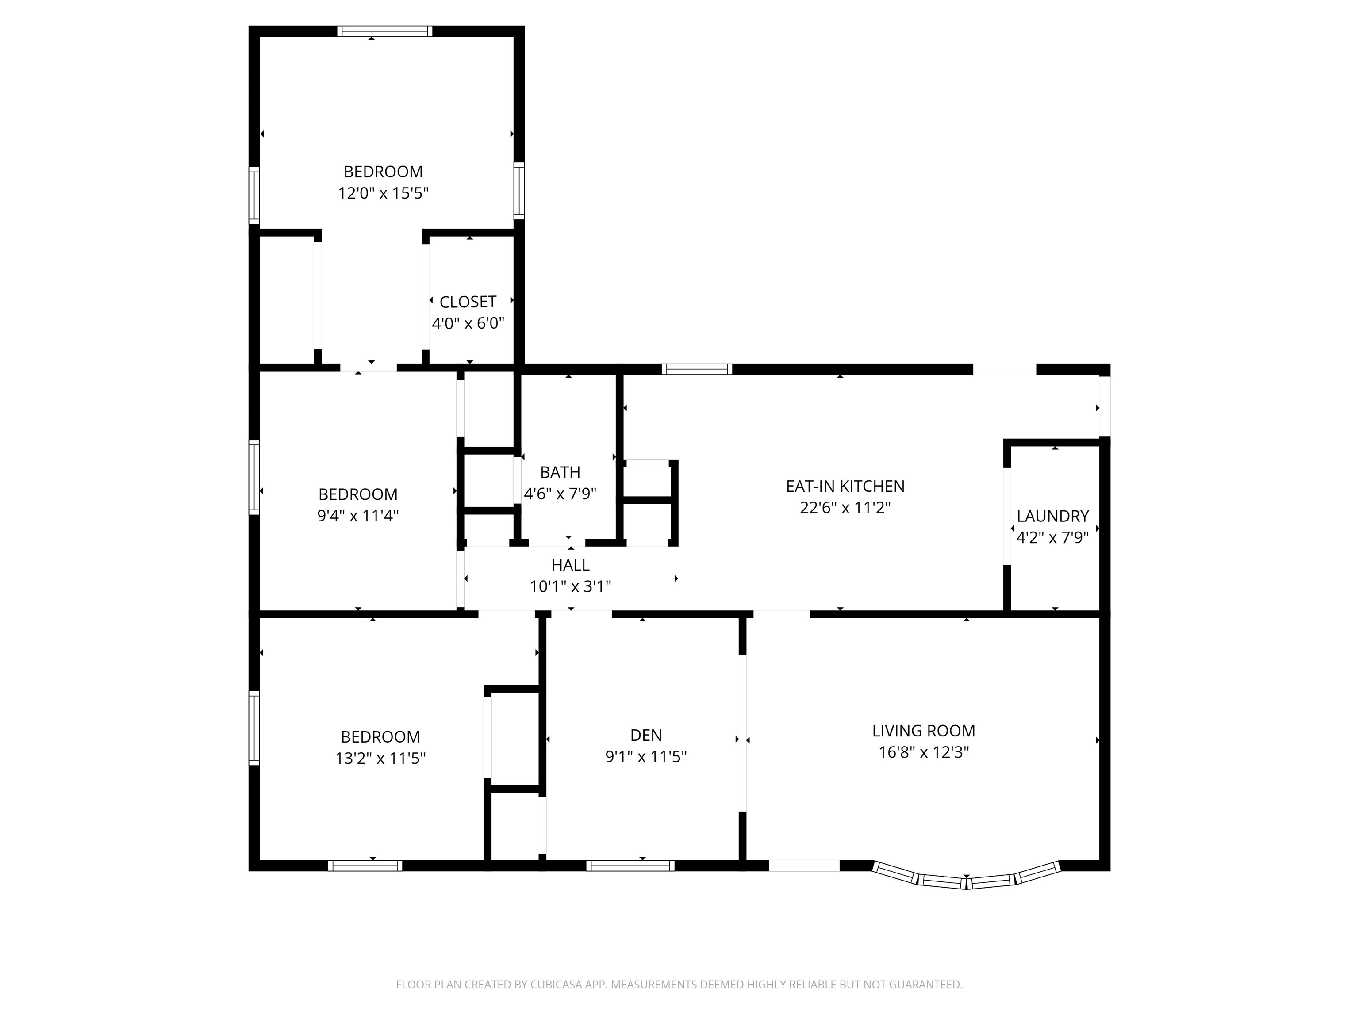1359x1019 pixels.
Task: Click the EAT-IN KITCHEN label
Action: point(845,486)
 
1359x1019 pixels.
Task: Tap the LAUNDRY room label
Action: point(1052,516)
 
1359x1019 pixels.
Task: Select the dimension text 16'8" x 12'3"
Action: point(923,752)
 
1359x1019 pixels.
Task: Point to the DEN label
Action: point(646,735)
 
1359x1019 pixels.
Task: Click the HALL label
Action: point(570,565)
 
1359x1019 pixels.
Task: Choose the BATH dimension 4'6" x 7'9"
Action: point(560,494)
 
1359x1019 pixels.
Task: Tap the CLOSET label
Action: point(468,302)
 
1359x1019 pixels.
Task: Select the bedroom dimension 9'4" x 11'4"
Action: point(357,515)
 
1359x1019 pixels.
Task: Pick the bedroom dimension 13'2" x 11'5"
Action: point(380,758)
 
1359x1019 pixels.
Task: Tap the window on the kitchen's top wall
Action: point(697,369)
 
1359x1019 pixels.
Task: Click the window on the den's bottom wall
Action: point(630,866)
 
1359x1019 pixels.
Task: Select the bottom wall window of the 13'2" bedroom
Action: point(365,866)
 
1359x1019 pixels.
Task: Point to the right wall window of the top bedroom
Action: point(519,191)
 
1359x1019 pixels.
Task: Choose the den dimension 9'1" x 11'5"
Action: point(646,756)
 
